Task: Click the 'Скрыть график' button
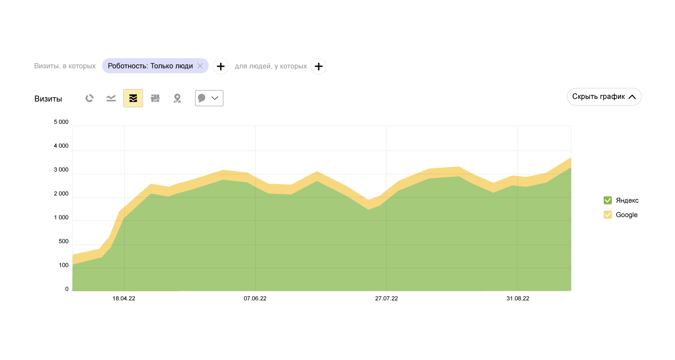pyautogui.click(x=604, y=97)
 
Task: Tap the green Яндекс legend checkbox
pyautogui.click(x=607, y=200)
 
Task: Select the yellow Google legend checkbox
pyautogui.click(x=607, y=215)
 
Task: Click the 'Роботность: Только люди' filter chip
pyautogui.click(x=150, y=66)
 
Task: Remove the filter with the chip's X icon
pyautogui.click(x=200, y=66)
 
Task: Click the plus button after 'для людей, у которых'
pyautogui.click(x=319, y=67)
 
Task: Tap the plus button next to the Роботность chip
pyautogui.click(x=220, y=67)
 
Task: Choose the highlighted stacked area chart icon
pyautogui.click(x=133, y=98)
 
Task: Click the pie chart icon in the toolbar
pyautogui.click(x=90, y=98)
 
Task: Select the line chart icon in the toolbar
pyautogui.click(x=111, y=98)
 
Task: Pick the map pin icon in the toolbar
pyautogui.click(x=177, y=98)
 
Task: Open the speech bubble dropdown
pyautogui.click(x=209, y=98)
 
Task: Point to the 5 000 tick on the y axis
pyautogui.click(x=61, y=122)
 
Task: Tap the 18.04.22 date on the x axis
pyautogui.click(x=124, y=298)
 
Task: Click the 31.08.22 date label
pyautogui.click(x=517, y=298)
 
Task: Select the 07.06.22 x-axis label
pyautogui.click(x=255, y=298)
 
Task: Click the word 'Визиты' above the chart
pyautogui.click(x=48, y=99)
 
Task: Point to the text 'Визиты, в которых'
pyautogui.click(x=65, y=66)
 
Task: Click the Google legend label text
pyautogui.click(x=626, y=215)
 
